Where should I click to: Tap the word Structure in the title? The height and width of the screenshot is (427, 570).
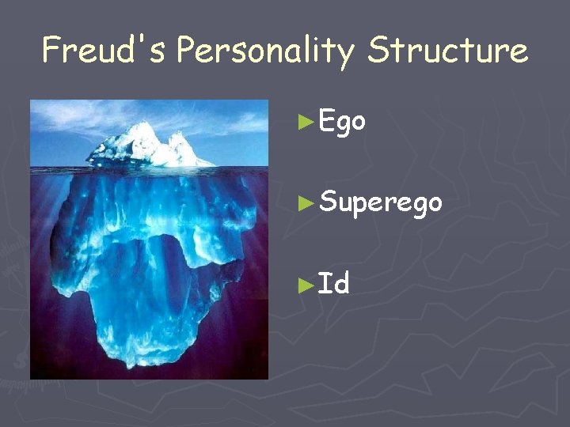pos(447,51)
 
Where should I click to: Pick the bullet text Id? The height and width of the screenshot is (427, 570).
pos(333,282)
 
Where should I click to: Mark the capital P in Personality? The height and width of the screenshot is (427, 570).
pos(187,51)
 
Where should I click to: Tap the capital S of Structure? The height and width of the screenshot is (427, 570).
pos(379,51)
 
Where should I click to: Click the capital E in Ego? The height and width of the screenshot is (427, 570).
pos(326,121)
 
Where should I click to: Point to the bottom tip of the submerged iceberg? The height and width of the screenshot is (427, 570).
pos(135,365)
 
